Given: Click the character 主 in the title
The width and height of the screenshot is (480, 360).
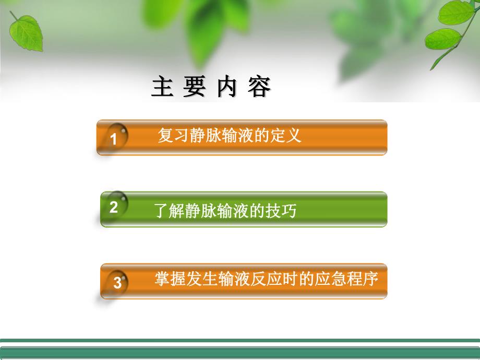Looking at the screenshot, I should coord(162,88).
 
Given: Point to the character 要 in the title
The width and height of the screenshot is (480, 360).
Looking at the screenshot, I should coord(194,88).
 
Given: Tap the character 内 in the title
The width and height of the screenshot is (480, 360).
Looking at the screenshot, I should coord(226,88).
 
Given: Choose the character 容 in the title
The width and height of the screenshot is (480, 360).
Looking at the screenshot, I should coord(259,88).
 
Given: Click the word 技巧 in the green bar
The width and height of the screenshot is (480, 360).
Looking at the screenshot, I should coord(282,211).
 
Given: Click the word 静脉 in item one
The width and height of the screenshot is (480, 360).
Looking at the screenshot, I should coord(200,136).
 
